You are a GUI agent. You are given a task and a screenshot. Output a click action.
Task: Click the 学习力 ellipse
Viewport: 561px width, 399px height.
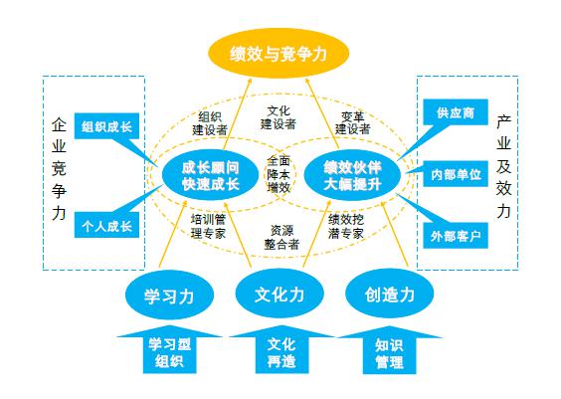pyautogui.click(x=166, y=296)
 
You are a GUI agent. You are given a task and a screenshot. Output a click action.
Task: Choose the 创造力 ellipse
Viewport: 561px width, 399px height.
pyautogui.click(x=388, y=296)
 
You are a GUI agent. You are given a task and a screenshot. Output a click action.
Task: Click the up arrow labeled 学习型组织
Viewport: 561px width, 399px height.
pyautogui.click(x=168, y=352)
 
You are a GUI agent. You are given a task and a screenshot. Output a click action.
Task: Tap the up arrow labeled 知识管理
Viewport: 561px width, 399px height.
pyautogui.click(x=389, y=352)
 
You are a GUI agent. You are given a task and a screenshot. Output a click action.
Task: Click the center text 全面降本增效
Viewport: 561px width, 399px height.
pyautogui.click(x=279, y=173)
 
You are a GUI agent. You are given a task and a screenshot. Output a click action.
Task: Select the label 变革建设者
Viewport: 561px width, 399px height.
pyautogui.click(x=352, y=121)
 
